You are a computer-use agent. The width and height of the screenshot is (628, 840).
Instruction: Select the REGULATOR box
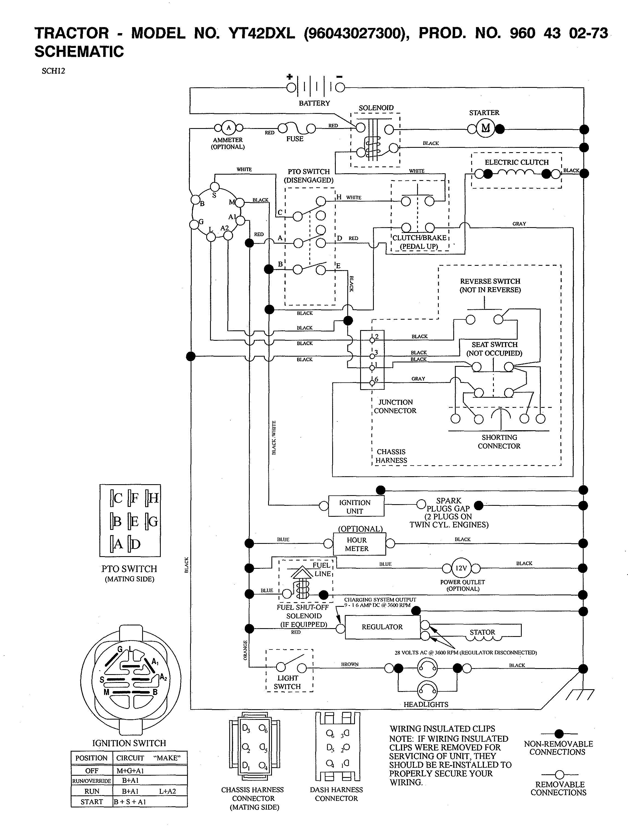382,627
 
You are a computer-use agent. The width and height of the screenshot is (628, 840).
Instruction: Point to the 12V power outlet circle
461,568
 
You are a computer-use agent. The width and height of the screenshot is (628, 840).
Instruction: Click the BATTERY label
314,103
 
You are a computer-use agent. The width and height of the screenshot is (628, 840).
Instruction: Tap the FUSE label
295,139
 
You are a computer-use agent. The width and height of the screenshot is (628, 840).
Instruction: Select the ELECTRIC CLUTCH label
516,162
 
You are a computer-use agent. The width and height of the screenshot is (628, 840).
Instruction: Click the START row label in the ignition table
91,802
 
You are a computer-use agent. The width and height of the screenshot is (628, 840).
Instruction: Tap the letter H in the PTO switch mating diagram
153,498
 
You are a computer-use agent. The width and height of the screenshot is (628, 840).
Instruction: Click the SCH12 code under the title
53,71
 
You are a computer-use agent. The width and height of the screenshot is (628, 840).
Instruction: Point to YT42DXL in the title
261,33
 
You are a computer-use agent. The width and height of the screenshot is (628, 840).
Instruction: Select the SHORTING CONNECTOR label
499,442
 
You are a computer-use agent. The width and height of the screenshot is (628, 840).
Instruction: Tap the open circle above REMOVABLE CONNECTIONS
559,774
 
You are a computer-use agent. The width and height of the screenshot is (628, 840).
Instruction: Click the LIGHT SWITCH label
288,682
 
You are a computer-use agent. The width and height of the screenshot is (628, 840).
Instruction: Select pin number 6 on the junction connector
376,379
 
